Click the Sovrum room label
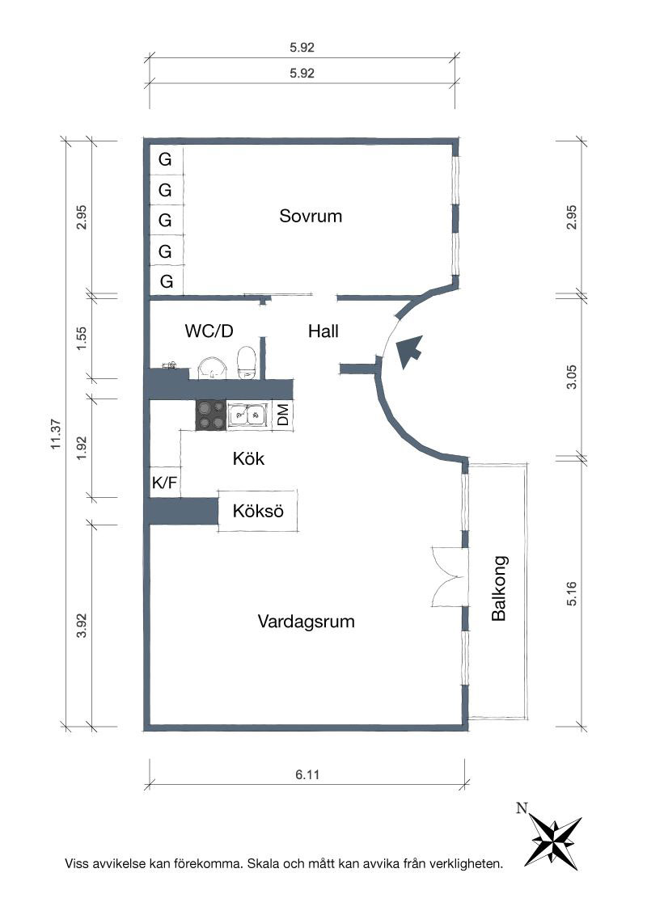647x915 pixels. pyautogui.click(x=311, y=216)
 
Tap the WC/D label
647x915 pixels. pyautogui.click(x=209, y=331)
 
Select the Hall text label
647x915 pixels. pyautogui.click(x=323, y=331)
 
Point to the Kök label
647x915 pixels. pyautogui.click(x=248, y=458)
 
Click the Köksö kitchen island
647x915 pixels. pyautogui.click(x=257, y=511)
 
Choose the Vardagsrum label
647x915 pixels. pyautogui.click(x=306, y=621)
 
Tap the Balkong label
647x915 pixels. pyautogui.click(x=499, y=588)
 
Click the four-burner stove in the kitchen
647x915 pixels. pyautogui.click(x=211, y=415)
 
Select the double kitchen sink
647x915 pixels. pyautogui.click(x=249, y=415)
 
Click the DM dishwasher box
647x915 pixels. pyautogui.click(x=282, y=415)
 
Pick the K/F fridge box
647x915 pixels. pyautogui.click(x=165, y=483)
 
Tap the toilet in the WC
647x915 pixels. pyautogui.click(x=247, y=362)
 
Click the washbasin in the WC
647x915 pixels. pyautogui.click(x=214, y=369)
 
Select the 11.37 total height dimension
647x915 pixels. pyautogui.click(x=56, y=435)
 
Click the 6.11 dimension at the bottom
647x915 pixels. pyautogui.click(x=307, y=774)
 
